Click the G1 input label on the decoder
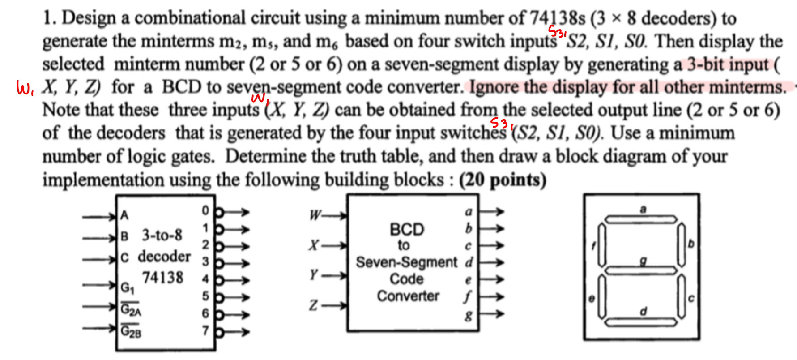pyautogui.click(x=127, y=287)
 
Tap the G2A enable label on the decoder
pyautogui.click(x=131, y=309)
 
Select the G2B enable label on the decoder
pyautogui.click(x=131, y=332)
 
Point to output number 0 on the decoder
pyautogui.click(x=205, y=210)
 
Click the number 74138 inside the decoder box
pyautogui.click(x=162, y=278)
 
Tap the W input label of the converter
pyautogui.click(x=315, y=216)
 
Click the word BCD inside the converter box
pyautogui.click(x=406, y=229)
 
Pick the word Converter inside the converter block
pyautogui.click(x=408, y=296)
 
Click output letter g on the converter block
pyautogui.click(x=468, y=316)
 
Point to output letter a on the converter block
pyautogui.click(x=468, y=211)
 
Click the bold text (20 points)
pyautogui.click(x=503, y=180)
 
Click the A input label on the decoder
pyautogui.click(x=124, y=216)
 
